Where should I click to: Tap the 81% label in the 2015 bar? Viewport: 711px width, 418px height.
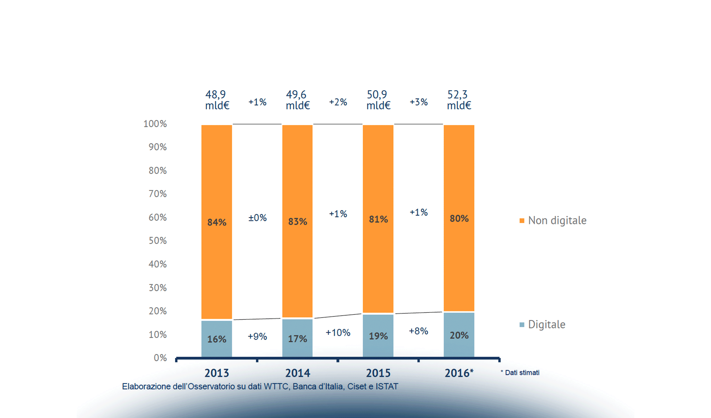(x=378, y=219)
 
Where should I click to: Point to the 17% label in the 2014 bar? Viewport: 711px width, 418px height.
(x=297, y=339)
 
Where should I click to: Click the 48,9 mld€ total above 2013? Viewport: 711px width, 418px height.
(x=217, y=100)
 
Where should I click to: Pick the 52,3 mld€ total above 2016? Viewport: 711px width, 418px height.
(x=459, y=100)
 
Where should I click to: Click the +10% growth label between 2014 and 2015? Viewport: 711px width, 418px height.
(x=338, y=333)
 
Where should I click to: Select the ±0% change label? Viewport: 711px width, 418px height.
(x=257, y=218)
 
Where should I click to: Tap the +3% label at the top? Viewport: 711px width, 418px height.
(x=418, y=102)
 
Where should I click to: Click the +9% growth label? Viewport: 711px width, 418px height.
(x=257, y=336)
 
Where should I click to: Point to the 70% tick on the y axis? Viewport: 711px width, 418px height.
(x=158, y=194)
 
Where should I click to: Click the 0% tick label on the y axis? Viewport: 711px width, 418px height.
(x=160, y=358)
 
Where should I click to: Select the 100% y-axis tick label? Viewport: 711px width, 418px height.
(x=155, y=124)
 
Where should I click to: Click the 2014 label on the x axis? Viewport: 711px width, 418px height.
(x=297, y=373)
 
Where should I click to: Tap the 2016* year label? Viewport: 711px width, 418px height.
(x=459, y=373)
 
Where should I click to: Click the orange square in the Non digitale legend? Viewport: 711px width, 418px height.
(x=522, y=220)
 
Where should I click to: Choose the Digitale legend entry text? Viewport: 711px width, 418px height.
(x=546, y=324)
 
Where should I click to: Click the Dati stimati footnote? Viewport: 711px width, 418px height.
(x=520, y=373)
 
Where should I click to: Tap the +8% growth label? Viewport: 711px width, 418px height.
(x=418, y=331)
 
